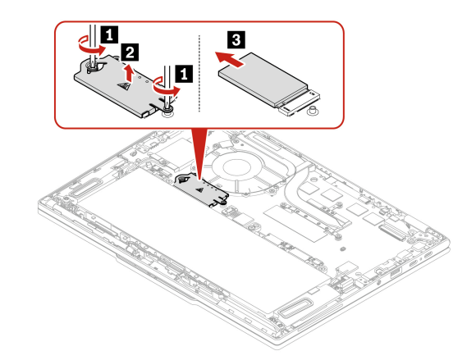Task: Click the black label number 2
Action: (x=130, y=52)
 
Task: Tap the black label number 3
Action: (x=236, y=39)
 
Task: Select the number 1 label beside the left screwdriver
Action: (x=109, y=35)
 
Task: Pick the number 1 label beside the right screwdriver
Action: (x=184, y=74)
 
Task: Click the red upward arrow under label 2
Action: (x=130, y=73)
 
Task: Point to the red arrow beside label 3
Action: (x=230, y=59)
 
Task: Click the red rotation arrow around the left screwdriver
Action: (x=91, y=45)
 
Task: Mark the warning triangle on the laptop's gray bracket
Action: (x=199, y=190)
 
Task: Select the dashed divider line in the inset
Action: (x=199, y=73)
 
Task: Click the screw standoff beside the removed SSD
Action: (x=311, y=111)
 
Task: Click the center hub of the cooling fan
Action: (x=237, y=167)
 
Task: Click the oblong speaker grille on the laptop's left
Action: (x=83, y=189)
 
